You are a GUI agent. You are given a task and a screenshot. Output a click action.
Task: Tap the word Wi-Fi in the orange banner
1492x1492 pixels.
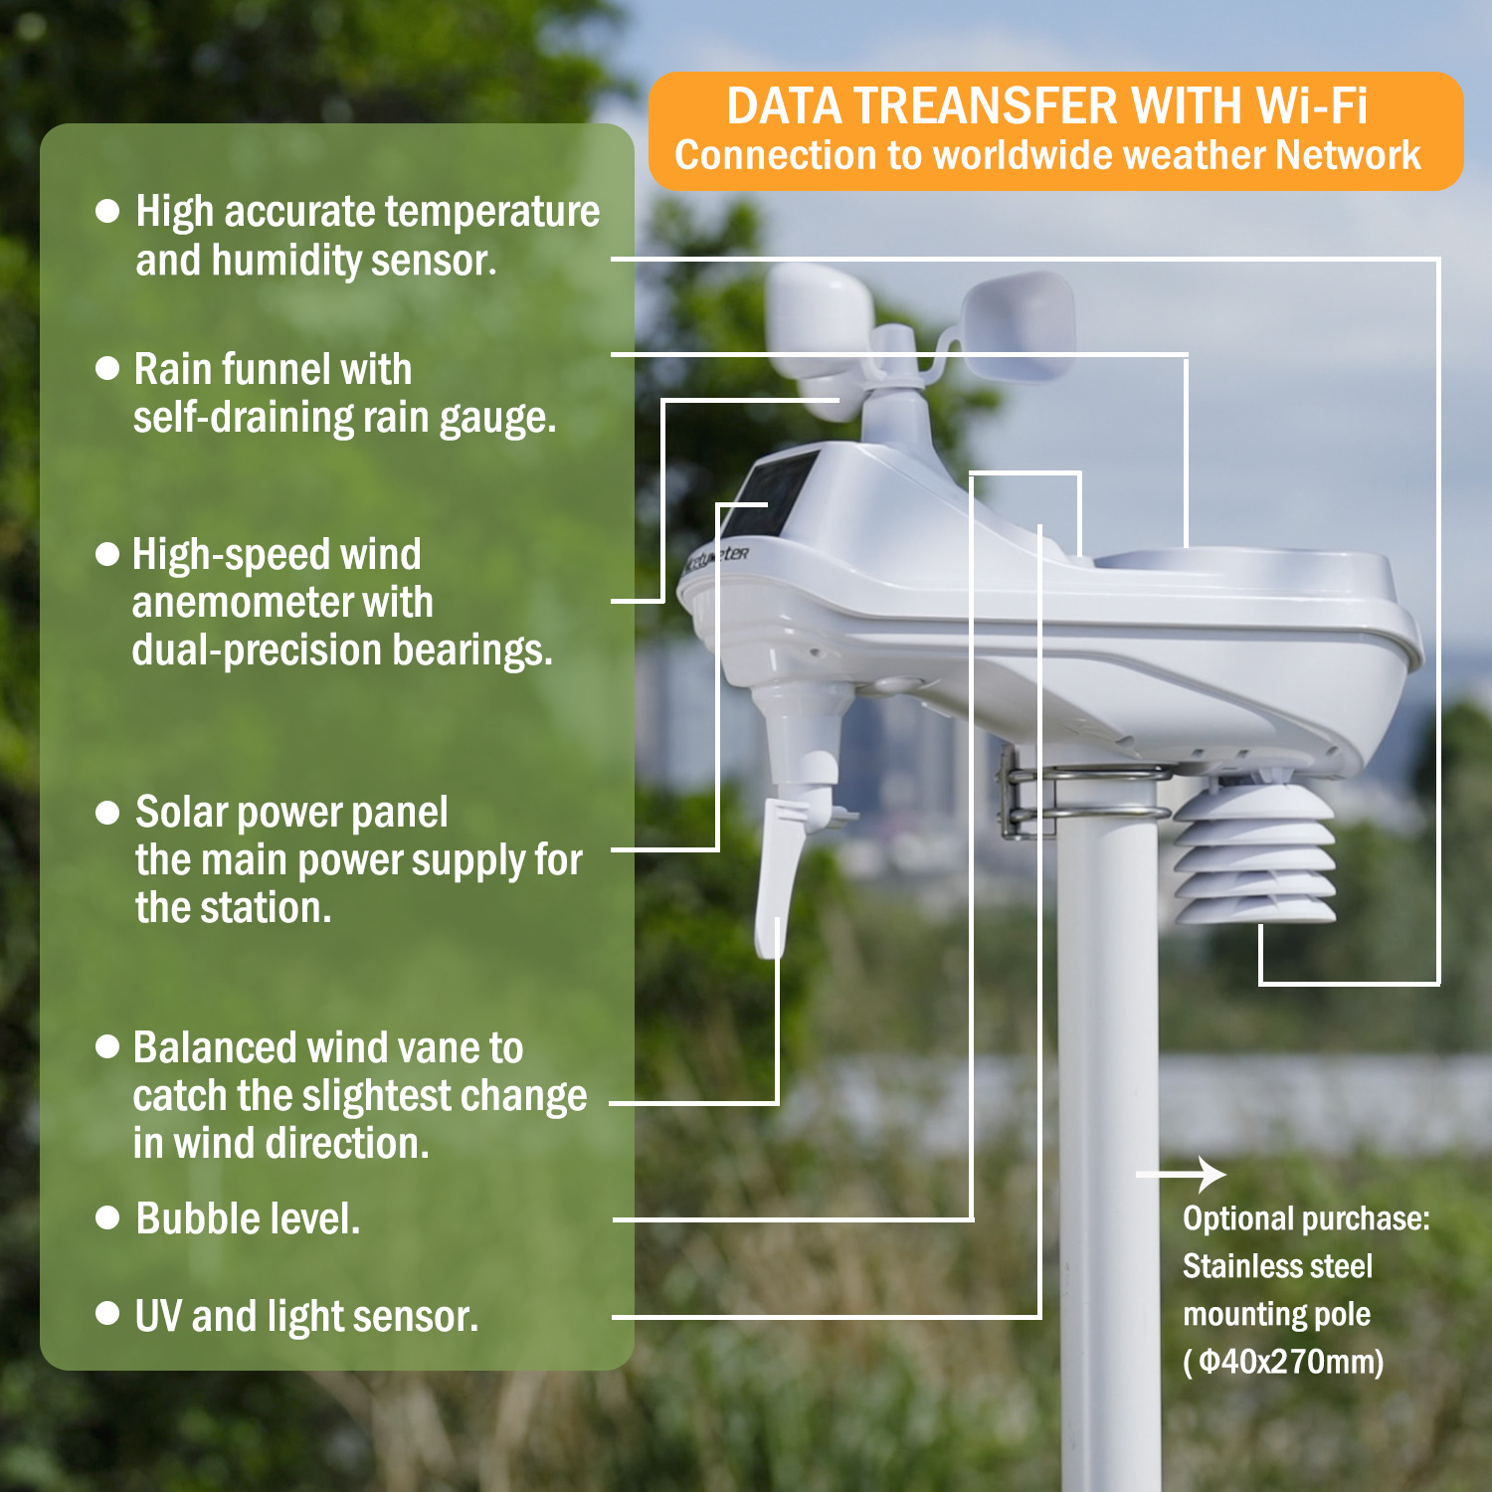(x=1311, y=106)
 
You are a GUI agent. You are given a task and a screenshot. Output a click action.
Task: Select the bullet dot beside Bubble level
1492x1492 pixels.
(x=107, y=1218)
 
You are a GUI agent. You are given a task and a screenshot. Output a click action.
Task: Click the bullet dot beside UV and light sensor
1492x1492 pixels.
(x=107, y=1315)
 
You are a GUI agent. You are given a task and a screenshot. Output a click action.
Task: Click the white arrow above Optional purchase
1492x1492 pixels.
(x=1184, y=1175)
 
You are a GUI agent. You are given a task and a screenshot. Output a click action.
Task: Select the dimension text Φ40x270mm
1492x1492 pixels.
(x=1287, y=1362)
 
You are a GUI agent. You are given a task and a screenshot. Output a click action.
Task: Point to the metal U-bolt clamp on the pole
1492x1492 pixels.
(x=1084, y=796)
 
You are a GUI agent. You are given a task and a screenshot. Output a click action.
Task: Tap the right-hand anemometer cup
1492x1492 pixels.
(x=1020, y=323)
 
